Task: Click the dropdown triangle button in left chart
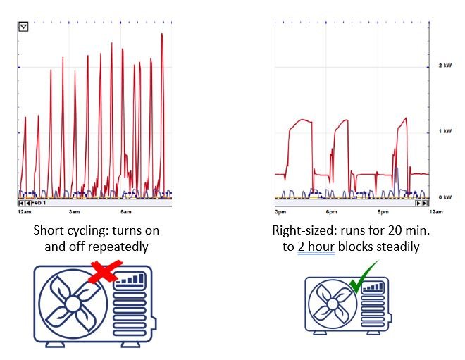pos(23,27)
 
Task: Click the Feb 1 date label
pos(38,203)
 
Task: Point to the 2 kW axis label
pos(445,65)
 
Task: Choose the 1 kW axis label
pos(445,132)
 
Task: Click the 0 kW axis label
pos(445,198)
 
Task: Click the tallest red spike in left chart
pos(162,35)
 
